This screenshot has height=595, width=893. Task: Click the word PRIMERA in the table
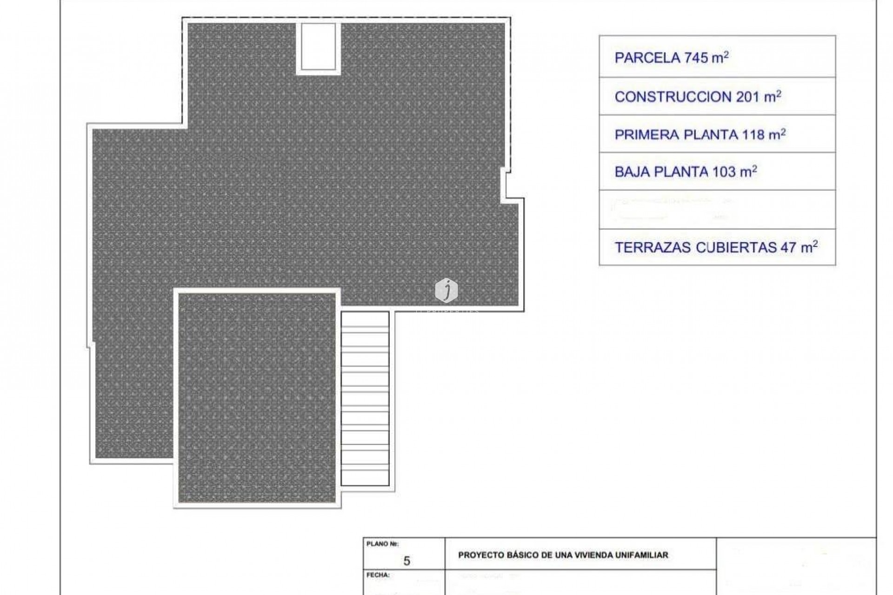click(647, 135)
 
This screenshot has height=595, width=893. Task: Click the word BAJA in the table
click(632, 172)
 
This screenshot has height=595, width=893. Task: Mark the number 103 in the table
click(724, 172)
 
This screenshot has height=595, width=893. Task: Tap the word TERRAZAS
click(653, 248)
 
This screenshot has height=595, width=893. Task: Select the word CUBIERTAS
click(736, 248)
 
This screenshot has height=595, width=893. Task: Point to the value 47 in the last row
click(788, 248)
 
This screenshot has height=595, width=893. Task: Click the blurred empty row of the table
click(717, 210)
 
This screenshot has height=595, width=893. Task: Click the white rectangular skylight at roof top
click(319, 46)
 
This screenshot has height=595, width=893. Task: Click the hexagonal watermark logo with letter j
click(446, 291)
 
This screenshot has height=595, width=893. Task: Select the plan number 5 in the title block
click(407, 561)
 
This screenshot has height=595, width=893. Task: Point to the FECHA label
click(378, 575)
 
